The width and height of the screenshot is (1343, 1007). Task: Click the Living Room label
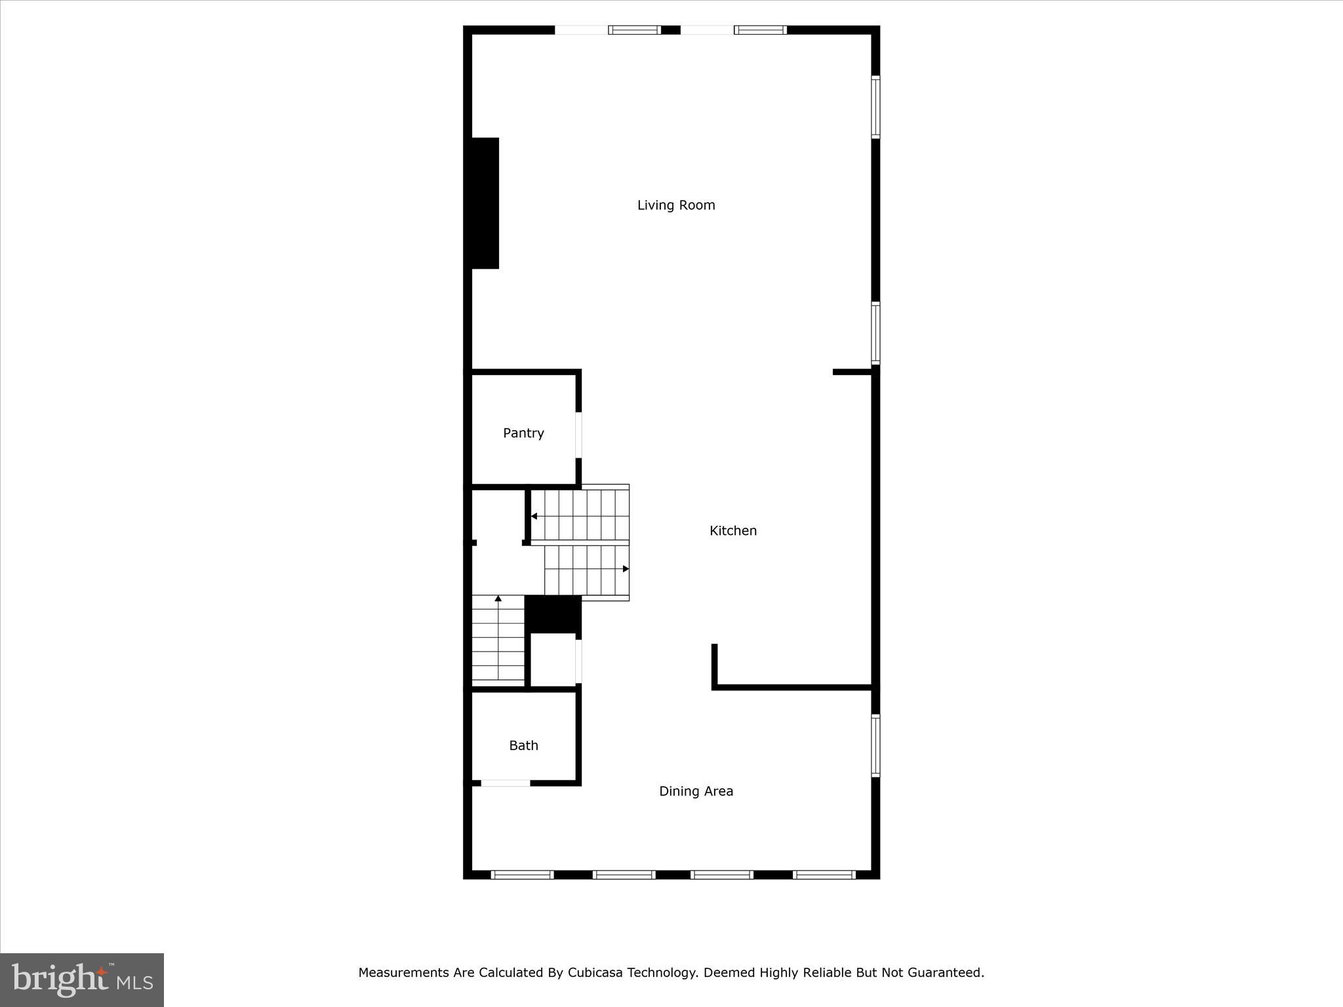(x=676, y=205)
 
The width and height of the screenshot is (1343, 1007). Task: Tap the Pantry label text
(x=523, y=433)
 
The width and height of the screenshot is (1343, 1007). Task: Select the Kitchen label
(x=732, y=531)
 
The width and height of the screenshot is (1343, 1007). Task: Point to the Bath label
(x=523, y=745)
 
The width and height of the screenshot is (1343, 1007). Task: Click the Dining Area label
(x=696, y=791)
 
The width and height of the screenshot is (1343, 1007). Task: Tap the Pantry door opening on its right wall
(x=578, y=435)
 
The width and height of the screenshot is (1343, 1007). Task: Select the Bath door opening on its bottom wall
(x=506, y=783)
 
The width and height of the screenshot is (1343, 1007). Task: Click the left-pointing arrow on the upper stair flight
(x=534, y=517)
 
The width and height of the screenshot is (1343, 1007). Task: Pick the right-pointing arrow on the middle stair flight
(x=626, y=568)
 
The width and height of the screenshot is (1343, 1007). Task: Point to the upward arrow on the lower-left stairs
(x=498, y=599)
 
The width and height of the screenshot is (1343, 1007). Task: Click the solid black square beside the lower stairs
(x=553, y=614)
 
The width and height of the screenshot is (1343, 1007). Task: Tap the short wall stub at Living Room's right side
(x=851, y=372)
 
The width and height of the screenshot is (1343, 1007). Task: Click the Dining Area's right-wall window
(x=875, y=745)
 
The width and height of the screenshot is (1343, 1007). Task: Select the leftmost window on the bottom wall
(x=523, y=875)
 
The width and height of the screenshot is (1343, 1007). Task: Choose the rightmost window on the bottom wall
(x=824, y=875)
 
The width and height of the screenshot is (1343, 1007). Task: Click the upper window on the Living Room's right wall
(x=875, y=107)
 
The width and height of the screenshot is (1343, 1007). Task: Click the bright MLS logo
(x=82, y=979)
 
